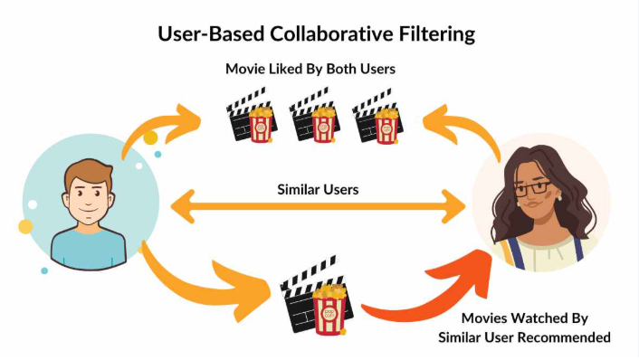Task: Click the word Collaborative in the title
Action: click(331, 33)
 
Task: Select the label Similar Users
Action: click(318, 190)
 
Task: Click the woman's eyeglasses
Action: click(533, 189)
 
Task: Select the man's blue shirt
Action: click(88, 250)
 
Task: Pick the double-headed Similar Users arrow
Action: click(318, 206)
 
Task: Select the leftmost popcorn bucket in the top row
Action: click(261, 124)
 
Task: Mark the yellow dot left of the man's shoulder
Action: click(25, 226)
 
